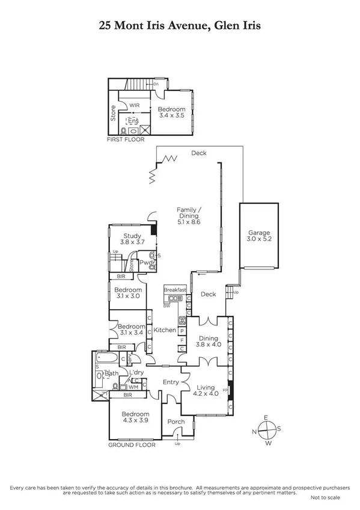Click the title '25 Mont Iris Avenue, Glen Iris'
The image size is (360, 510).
180,26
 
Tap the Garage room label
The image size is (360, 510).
260,236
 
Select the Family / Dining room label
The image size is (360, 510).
188,216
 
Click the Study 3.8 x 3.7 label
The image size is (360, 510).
132,239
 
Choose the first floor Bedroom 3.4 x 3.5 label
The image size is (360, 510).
171,113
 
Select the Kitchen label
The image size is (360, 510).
165,330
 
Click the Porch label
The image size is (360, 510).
176,422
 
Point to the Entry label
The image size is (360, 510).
172,382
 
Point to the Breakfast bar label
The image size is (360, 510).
175,290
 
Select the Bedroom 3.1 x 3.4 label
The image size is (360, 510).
129,329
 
